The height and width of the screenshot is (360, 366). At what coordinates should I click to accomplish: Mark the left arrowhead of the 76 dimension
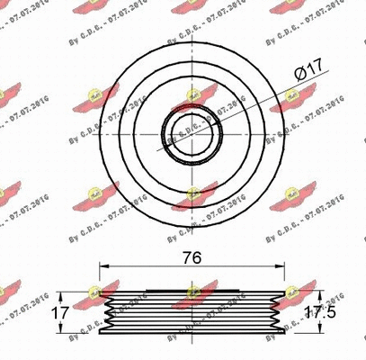(103, 266)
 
